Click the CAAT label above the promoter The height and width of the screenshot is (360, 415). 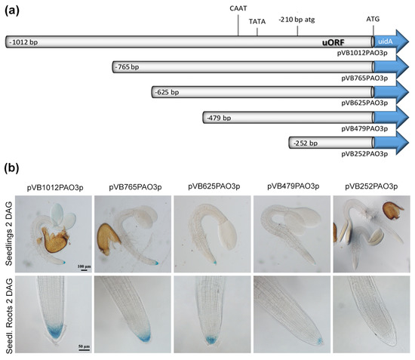(238, 7)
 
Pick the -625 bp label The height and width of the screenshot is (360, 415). (167, 93)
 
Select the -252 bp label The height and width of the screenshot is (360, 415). (305, 142)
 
